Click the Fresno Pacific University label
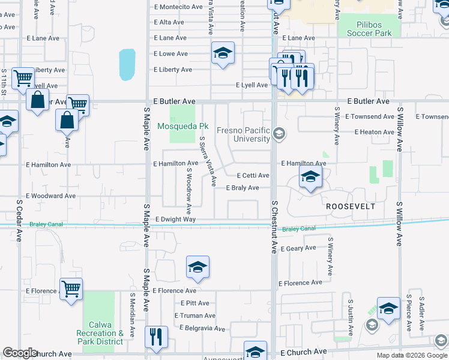point(252,135)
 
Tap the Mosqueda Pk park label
point(182,127)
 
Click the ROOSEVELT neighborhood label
point(351,206)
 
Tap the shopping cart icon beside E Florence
point(71,290)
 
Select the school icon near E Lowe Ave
point(223,53)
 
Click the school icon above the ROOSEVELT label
point(310,177)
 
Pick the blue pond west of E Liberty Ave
point(127,65)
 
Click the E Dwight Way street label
point(175,220)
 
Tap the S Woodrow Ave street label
point(188,191)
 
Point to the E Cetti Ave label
point(253,176)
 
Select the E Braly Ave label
point(243,188)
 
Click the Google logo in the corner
point(20,353)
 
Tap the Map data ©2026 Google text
point(411,355)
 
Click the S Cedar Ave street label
point(19,220)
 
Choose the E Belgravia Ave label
point(202,329)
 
